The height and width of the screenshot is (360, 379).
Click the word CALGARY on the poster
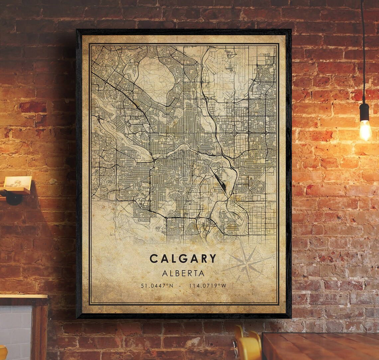[x=183, y=259]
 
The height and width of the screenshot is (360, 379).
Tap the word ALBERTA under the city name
[x=183, y=273]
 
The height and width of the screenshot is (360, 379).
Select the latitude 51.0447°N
[x=157, y=285]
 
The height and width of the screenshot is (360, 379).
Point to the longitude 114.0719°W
[x=208, y=285]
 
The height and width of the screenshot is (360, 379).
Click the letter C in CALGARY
[x=154, y=259]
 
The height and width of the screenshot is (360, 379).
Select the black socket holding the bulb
[x=364, y=112]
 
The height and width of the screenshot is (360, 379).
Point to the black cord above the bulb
[x=363, y=50]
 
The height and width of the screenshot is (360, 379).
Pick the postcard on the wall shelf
[x=18, y=183]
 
